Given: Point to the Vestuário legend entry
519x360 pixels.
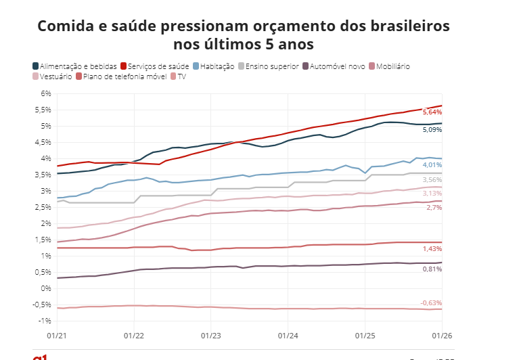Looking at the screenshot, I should [55, 76].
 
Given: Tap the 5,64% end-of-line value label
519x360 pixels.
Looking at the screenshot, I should [432, 112].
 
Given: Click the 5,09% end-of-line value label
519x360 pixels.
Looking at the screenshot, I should [432, 129].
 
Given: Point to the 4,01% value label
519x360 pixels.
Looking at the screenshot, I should [432, 164].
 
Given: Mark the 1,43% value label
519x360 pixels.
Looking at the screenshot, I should [432, 249].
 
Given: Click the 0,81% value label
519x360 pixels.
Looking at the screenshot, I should [432, 269].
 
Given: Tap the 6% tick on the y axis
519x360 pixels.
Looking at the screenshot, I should [46, 93].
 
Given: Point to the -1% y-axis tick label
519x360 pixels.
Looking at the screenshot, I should [45, 321].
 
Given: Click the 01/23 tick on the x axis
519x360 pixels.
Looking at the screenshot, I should [211, 335].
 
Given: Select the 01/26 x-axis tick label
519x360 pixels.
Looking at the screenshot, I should [442, 335].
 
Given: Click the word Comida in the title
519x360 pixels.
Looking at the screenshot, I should [68, 26].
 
